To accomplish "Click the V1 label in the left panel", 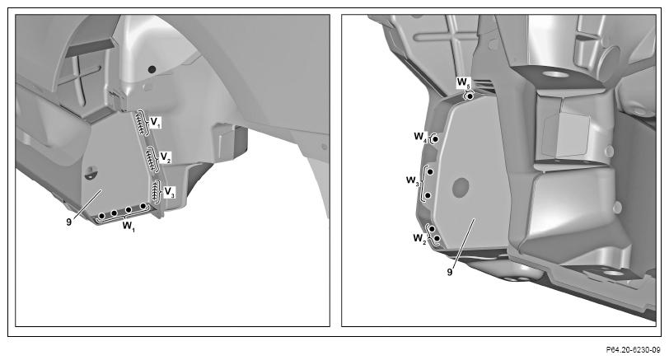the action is [x=156, y=123].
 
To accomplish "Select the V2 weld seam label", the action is [x=166, y=157].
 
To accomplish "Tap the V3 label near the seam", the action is [x=170, y=192].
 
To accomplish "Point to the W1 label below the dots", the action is [x=129, y=226].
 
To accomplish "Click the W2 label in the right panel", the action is [x=419, y=238].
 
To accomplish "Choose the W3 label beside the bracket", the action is [x=413, y=181].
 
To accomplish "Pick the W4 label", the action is [x=420, y=137].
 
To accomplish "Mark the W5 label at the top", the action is [x=463, y=82].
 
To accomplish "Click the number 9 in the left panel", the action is [x=68, y=222].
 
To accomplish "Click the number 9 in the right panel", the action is [x=450, y=272].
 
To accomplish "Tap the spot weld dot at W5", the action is [x=470, y=97].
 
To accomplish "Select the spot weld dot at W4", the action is [x=436, y=139].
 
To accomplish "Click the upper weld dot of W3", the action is [x=431, y=171].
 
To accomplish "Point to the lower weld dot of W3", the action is [x=428, y=195].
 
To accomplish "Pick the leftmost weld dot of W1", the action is [x=102, y=217].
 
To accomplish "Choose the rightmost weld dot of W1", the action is [x=143, y=207].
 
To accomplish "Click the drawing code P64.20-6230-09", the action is [x=633, y=350].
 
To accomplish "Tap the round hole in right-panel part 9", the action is [x=461, y=188].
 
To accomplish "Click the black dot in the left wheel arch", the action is [x=152, y=68].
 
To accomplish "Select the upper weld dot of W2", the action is [x=432, y=229].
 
